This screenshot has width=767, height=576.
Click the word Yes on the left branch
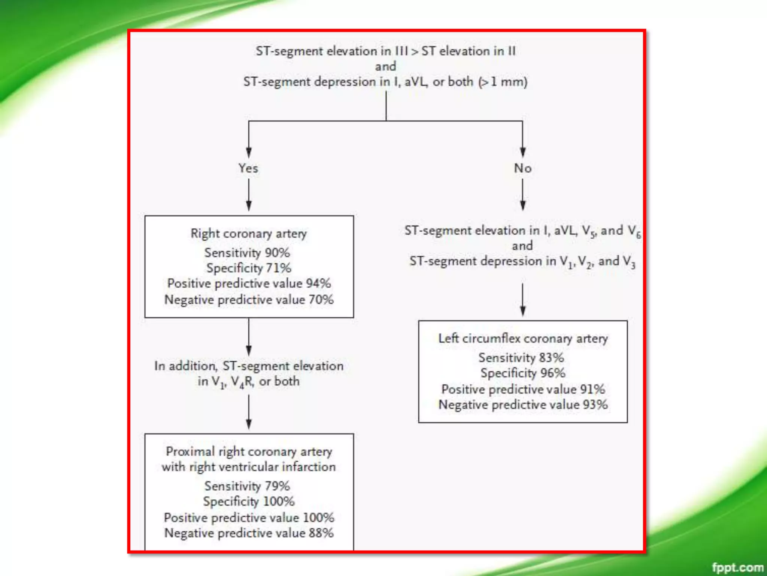(x=248, y=168)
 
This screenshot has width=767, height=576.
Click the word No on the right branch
(x=522, y=168)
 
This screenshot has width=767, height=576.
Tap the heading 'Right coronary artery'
(x=249, y=234)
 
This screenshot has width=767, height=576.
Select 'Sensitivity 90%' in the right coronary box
(x=247, y=253)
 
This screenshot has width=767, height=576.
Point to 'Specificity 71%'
(x=249, y=268)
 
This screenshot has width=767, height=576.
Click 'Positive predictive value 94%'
(x=249, y=283)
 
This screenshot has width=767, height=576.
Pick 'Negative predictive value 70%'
(x=249, y=300)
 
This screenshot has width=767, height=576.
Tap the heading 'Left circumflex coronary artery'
(x=523, y=339)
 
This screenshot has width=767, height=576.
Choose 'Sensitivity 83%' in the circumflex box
(x=521, y=358)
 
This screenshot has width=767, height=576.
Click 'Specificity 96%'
(x=523, y=373)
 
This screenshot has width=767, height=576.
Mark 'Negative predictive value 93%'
(x=523, y=405)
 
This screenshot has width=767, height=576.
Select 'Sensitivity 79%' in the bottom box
(x=247, y=486)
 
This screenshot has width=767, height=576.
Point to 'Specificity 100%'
(x=249, y=501)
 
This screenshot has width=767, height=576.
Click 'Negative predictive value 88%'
(x=249, y=533)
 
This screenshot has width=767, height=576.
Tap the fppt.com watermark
(x=737, y=567)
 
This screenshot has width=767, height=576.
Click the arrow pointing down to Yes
(x=249, y=142)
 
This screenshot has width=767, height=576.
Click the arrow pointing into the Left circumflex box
(x=523, y=300)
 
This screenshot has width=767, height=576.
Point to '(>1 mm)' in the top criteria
(x=503, y=82)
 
